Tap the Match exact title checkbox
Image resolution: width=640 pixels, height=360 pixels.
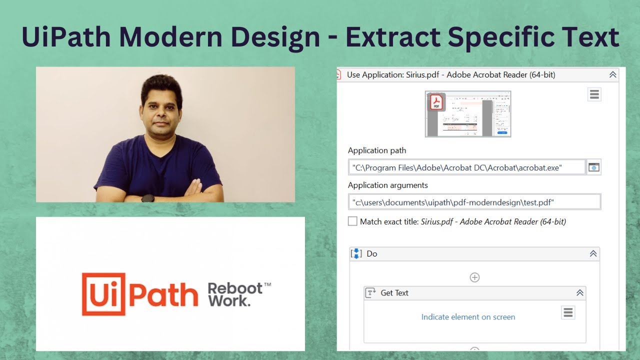pos(352,221)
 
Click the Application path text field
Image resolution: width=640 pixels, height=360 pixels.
pos(467,167)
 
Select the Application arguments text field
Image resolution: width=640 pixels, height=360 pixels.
pos(474,202)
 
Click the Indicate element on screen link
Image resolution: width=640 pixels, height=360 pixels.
pos(468,317)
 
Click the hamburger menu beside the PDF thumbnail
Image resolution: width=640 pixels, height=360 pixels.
pos(594,94)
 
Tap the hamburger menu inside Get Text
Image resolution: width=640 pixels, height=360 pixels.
pos(568,312)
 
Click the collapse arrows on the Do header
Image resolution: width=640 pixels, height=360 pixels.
pos(593,253)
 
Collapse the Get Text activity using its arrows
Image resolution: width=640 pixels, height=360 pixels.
pos(580,292)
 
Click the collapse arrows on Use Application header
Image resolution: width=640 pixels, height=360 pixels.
pos(612,74)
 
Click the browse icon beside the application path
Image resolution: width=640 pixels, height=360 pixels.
pos(594,167)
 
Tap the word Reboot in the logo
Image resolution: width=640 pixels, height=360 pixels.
pos(235,288)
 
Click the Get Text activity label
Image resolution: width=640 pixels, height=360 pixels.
pos(394,293)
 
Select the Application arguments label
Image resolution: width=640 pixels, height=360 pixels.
pos(388,185)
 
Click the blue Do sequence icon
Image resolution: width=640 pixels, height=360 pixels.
pos(356,253)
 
